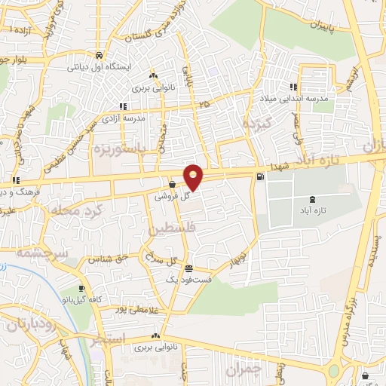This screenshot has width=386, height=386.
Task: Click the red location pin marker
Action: click(x=194, y=177)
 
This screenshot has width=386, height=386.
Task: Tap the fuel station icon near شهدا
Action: click(x=260, y=177)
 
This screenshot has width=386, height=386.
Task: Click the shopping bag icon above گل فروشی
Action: click(x=173, y=184)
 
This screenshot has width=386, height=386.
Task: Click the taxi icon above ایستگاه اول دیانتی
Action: click(x=99, y=55)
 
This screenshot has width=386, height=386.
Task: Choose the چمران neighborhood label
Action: click(x=242, y=369)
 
